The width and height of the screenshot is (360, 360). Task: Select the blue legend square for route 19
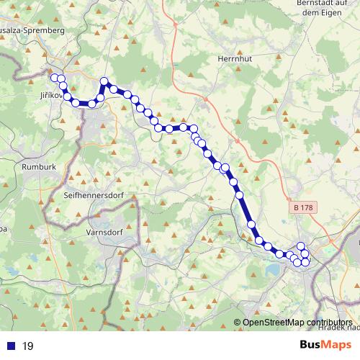11,346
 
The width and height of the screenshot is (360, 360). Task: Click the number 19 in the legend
28,346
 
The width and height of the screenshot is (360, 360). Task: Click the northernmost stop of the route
104,81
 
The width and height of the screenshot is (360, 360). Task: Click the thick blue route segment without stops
246,210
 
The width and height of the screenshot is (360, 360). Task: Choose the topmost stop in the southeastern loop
301,246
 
